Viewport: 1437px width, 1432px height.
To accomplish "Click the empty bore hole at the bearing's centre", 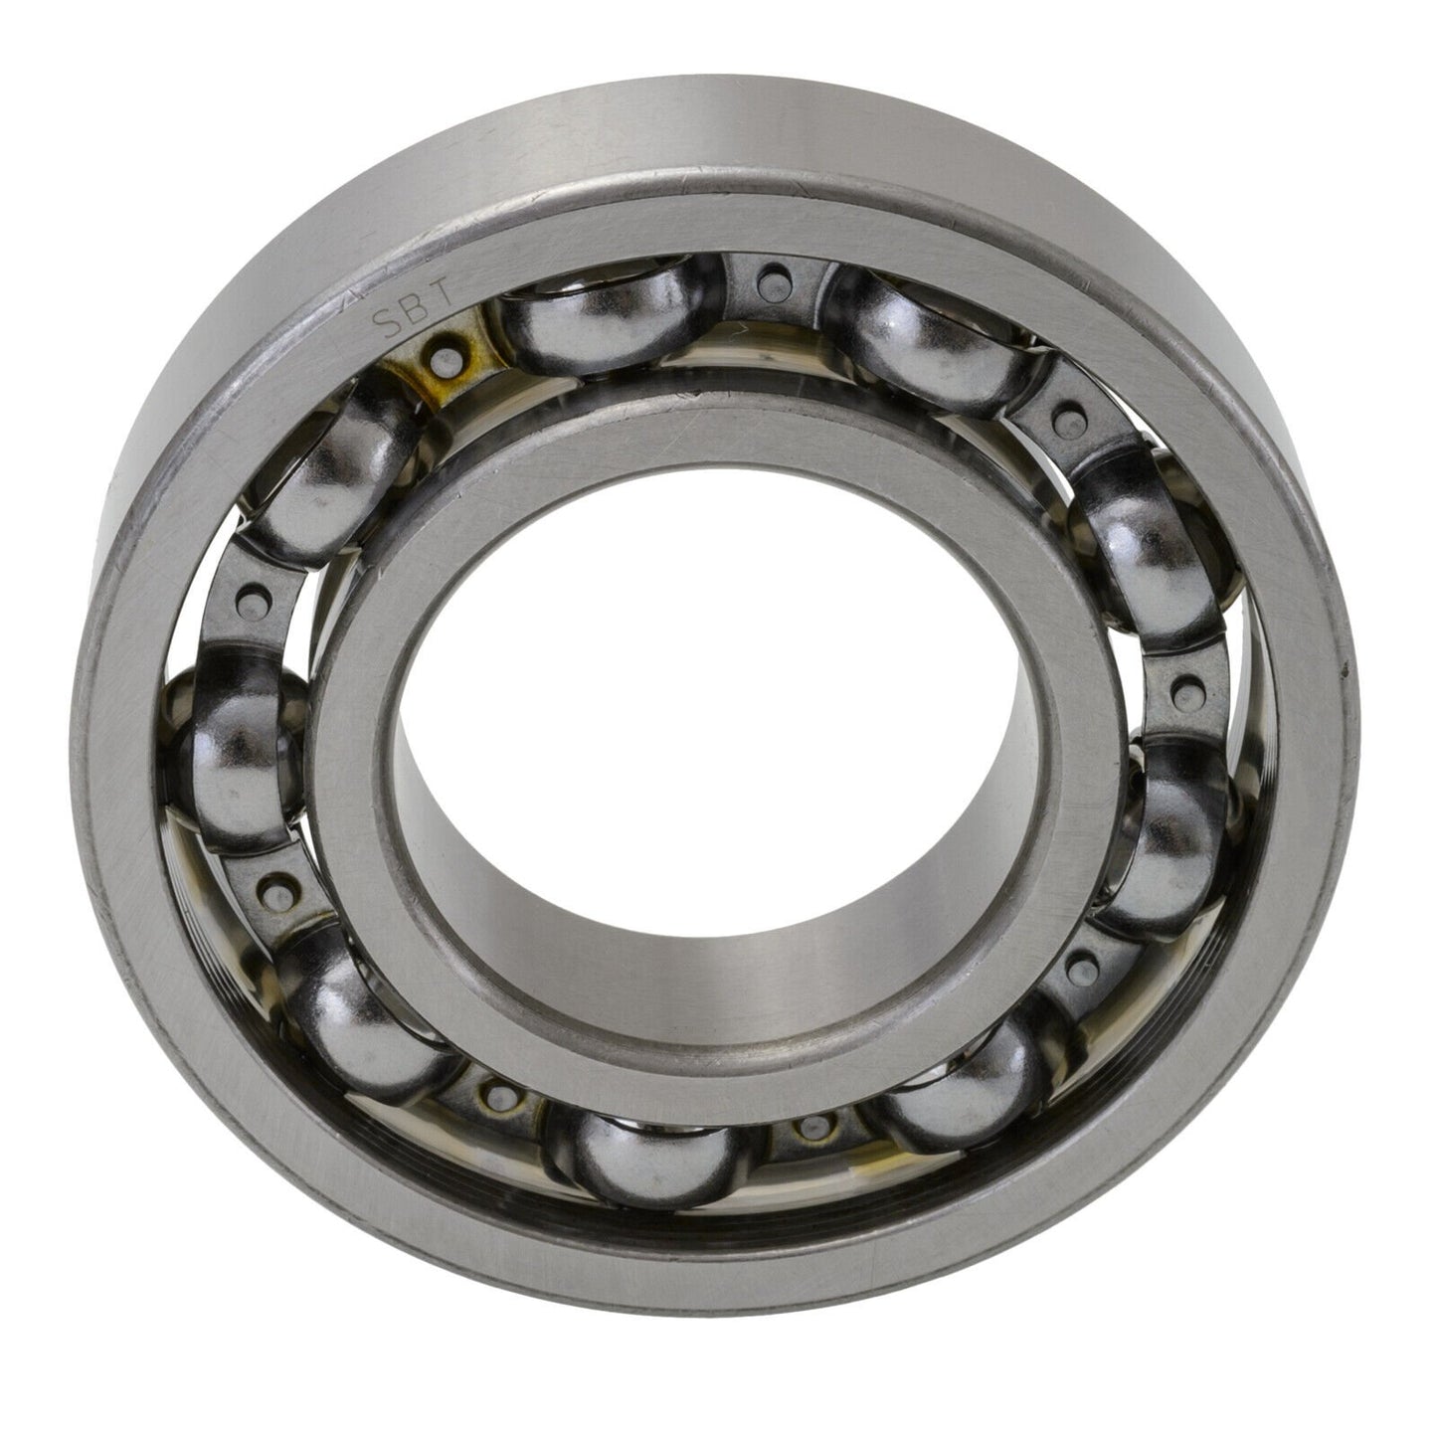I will point(711,735).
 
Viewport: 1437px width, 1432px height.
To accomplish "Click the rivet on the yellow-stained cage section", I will point(443,350).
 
